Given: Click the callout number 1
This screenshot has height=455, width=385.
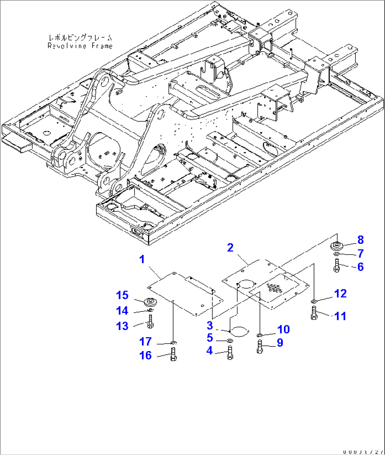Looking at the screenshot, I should click(142, 259).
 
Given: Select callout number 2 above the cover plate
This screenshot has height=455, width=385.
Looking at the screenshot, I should click(230, 248).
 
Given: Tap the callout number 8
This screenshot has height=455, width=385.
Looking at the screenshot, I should click(360, 240).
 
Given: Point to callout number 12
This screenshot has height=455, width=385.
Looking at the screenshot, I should click(340, 293).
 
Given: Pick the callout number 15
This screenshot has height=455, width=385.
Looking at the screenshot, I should click(123, 296).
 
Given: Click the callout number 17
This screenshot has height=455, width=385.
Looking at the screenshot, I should click(145, 342).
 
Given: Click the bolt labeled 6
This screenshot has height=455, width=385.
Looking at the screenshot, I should click(336, 266).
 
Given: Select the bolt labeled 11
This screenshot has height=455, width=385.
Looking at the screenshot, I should click(314, 313).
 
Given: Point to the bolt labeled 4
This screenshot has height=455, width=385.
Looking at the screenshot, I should click(230, 352).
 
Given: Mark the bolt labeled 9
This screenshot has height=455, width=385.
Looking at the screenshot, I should click(260, 346).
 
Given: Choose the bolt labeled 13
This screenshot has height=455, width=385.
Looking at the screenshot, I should click(151, 322).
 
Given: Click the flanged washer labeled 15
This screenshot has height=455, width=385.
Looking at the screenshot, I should click(151, 302).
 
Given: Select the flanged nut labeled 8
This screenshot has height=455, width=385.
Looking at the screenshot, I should click(337, 245).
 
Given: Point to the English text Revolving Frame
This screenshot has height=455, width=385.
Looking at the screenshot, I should click(80, 46).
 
